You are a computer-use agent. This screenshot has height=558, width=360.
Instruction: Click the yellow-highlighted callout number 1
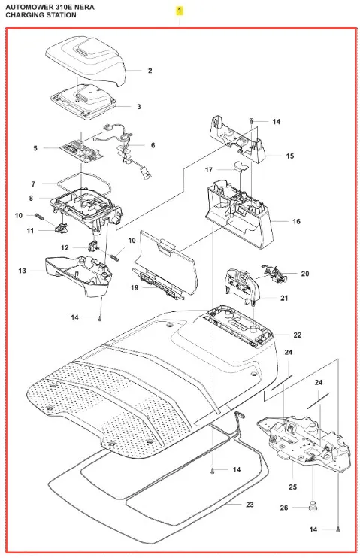click(180, 11)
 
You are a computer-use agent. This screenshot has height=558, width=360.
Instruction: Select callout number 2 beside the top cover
click(150, 71)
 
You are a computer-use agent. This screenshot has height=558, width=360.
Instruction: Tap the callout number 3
click(139, 106)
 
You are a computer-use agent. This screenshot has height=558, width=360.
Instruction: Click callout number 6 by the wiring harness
click(153, 145)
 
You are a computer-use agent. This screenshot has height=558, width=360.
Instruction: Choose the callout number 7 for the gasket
click(33, 184)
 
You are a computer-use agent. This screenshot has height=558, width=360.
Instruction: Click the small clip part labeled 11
click(62, 226)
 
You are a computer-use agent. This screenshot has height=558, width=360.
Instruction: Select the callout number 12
click(65, 247)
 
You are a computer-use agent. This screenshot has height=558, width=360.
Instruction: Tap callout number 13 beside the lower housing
click(22, 271)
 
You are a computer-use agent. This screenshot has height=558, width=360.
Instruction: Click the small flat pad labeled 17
click(240, 166)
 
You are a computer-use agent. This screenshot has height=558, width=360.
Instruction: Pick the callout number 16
click(296, 221)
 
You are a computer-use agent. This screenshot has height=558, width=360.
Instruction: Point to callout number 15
click(290, 156)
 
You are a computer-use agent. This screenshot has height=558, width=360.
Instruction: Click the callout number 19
click(134, 287)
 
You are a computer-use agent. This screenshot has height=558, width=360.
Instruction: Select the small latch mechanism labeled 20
click(274, 273)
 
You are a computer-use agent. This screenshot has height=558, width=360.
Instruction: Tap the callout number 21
click(284, 298)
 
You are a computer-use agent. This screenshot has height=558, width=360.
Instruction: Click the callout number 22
click(298, 335)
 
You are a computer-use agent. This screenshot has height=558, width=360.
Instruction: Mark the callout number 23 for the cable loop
click(250, 505)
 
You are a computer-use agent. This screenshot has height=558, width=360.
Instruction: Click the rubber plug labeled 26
click(313, 506)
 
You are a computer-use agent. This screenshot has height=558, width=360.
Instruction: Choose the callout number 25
click(293, 487)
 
